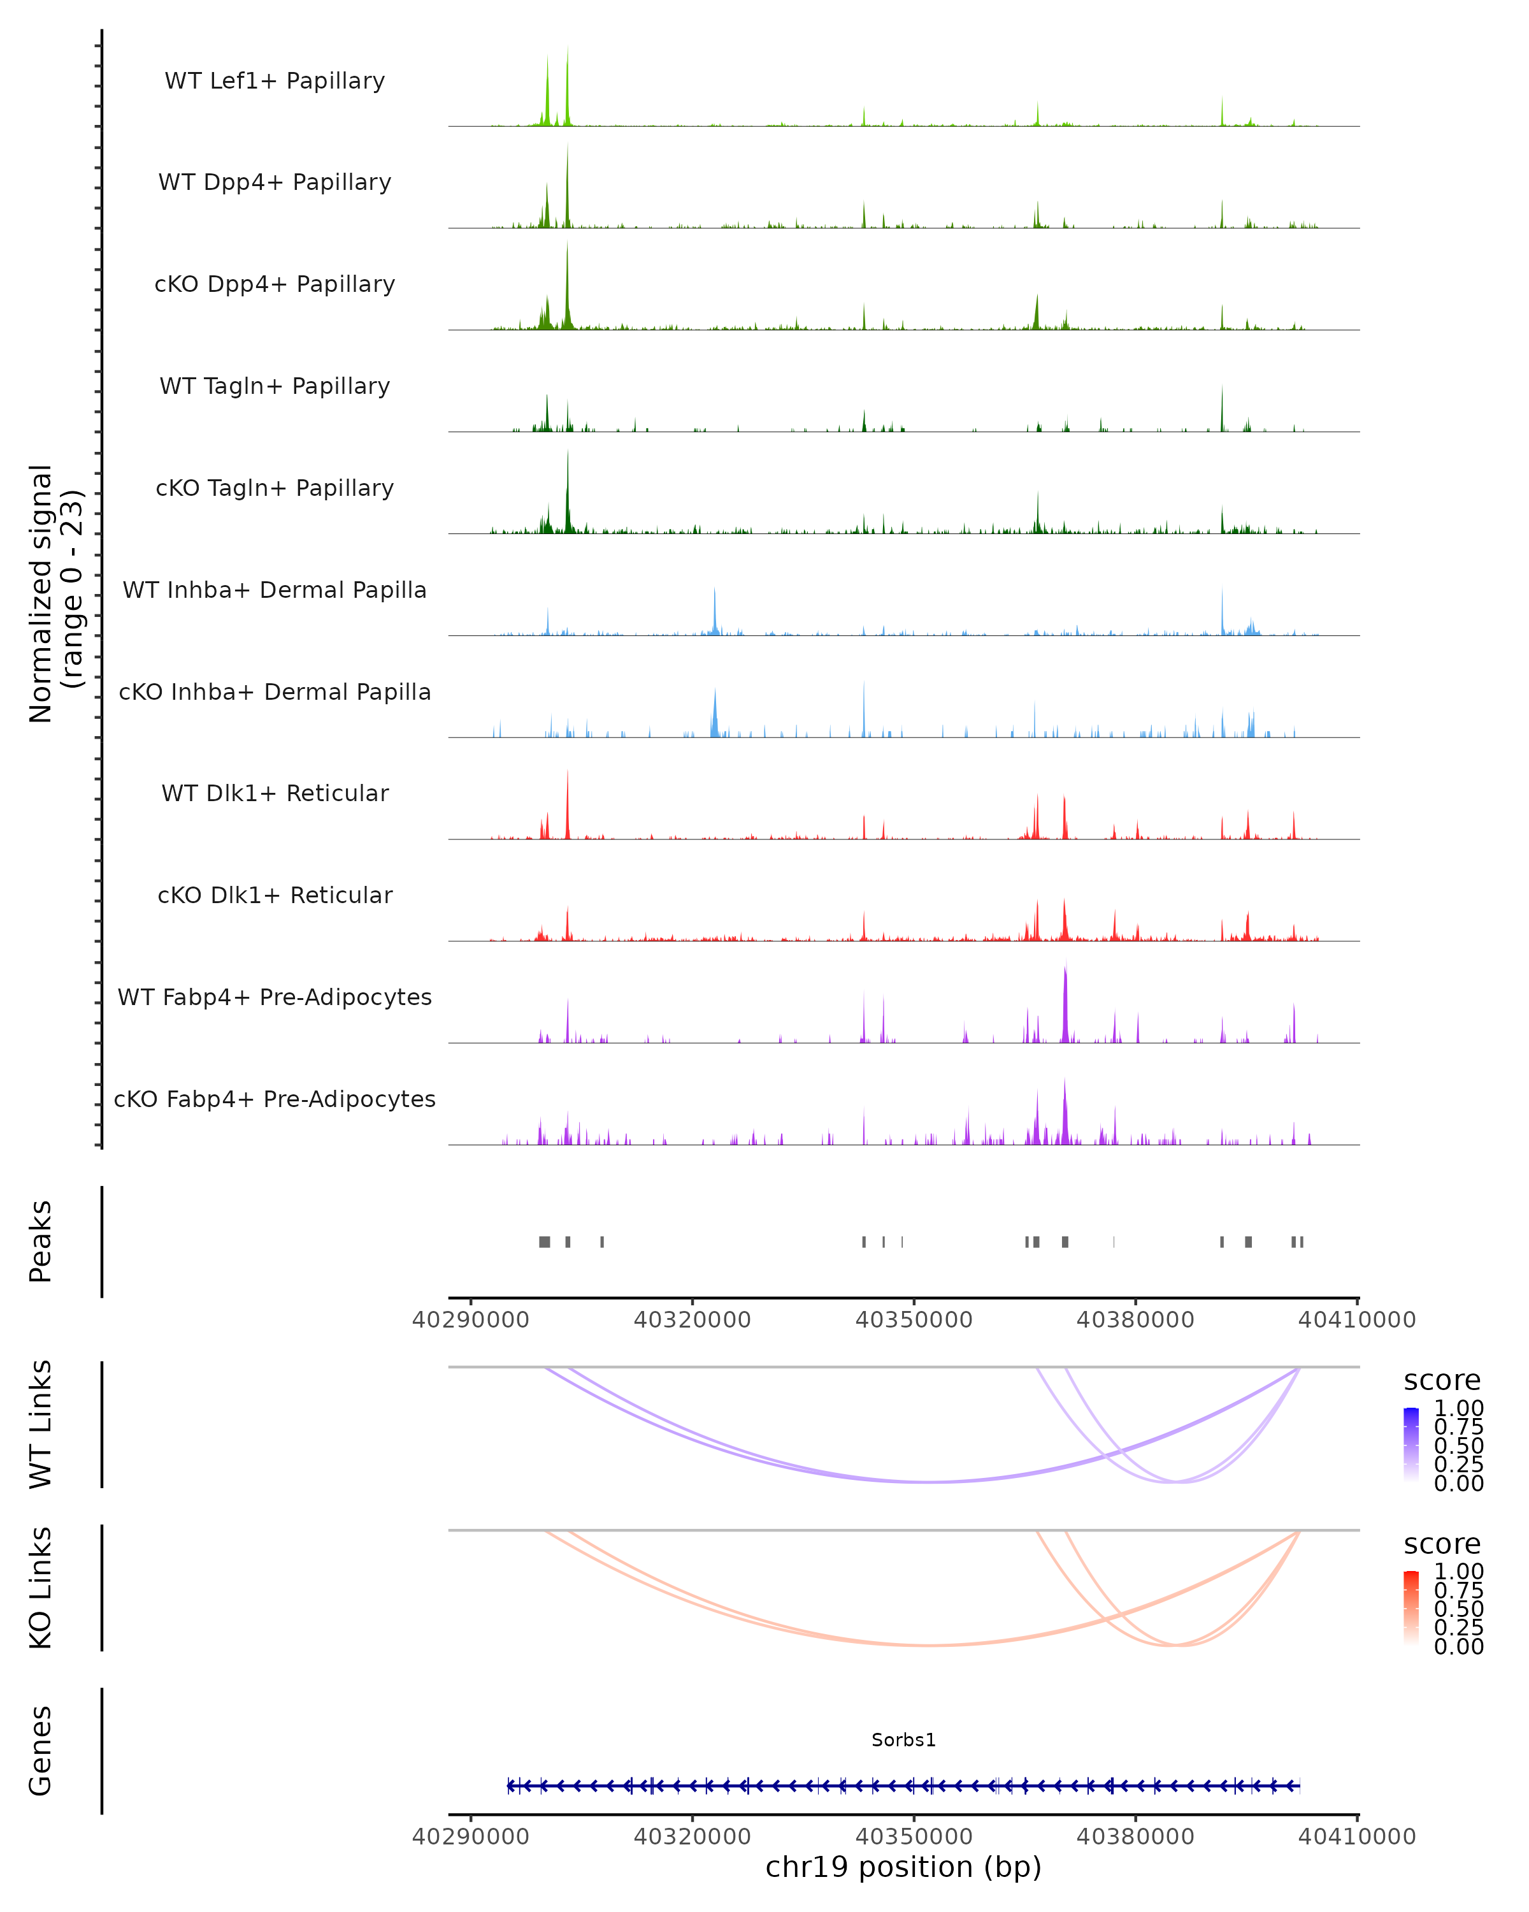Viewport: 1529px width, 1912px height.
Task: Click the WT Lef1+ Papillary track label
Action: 275,81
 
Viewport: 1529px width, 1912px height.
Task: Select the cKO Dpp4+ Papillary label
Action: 275,284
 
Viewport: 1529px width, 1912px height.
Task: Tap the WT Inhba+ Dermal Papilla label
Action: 275,590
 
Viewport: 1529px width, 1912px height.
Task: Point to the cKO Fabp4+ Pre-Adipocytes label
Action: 275,1099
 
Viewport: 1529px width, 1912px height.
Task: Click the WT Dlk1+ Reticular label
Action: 275,793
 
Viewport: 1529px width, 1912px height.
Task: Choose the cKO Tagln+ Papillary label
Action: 275,488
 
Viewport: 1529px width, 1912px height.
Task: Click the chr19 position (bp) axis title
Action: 903,1867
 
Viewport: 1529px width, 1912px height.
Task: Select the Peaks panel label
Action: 40,1242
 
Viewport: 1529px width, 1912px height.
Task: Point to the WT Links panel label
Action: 40,1424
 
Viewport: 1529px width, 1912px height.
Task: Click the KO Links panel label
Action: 40,1588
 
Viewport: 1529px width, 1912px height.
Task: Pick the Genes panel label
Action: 40,1751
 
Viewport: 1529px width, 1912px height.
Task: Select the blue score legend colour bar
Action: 1411,1444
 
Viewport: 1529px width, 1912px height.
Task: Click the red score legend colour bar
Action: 1411,1607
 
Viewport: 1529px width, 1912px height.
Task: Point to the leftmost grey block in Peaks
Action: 544,1242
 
